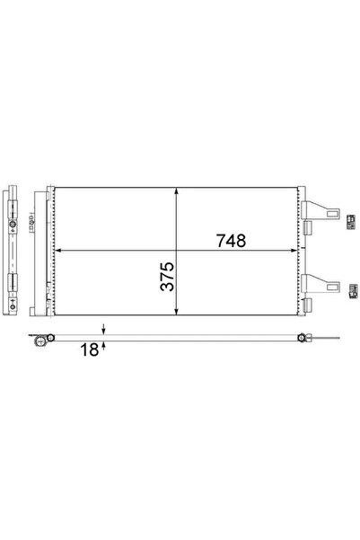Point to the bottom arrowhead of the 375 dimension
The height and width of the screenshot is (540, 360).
(178, 314)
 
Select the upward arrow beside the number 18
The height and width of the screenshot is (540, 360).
(104, 345)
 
